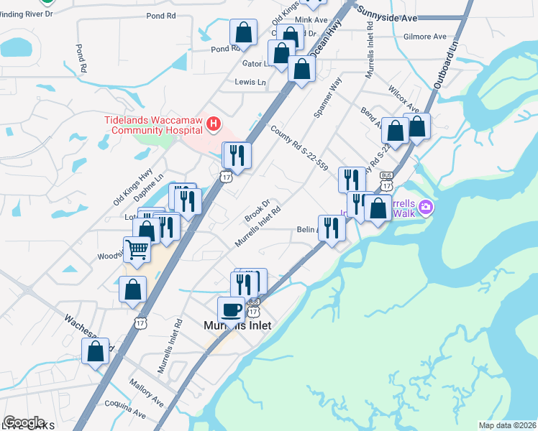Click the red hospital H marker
tap(213, 125)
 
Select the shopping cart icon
tap(137, 250)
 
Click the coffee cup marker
tap(231, 310)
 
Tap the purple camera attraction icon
tap(426, 208)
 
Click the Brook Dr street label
tap(256, 210)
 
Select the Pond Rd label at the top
tap(160, 15)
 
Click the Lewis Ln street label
tap(250, 83)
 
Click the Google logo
tap(24, 422)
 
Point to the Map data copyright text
tap(507, 425)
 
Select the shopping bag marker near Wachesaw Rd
tap(96, 352)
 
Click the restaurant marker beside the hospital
tap(237, 155)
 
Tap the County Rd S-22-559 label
tap(299, 148)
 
